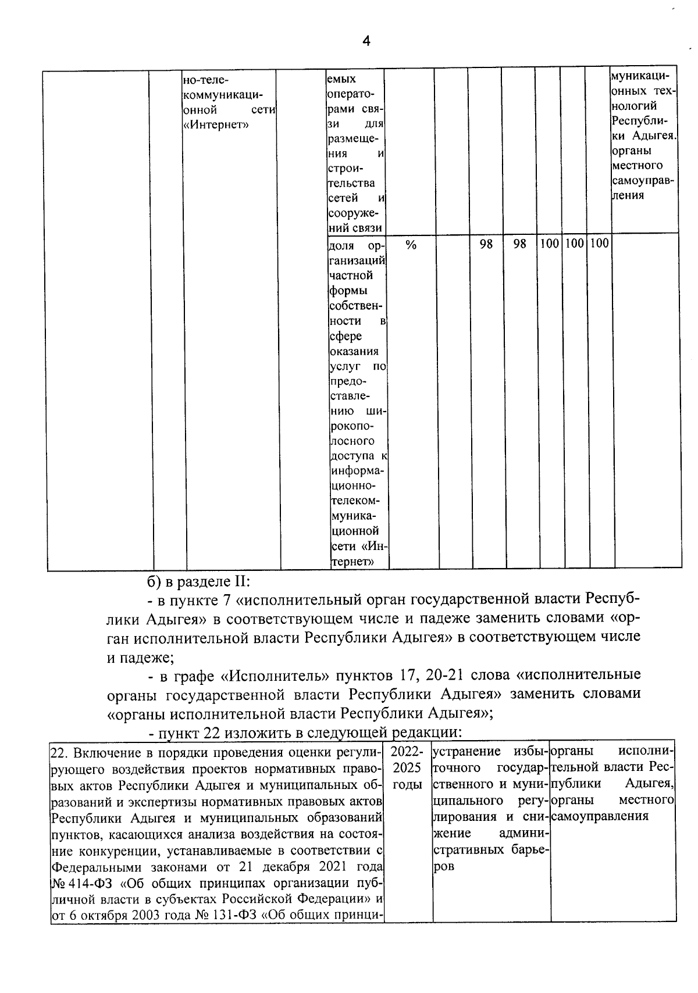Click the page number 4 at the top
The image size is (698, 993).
coord(366,41)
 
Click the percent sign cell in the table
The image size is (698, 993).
coord(411,245)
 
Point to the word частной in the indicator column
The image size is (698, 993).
coord(351,275)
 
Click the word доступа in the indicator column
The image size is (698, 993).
coord(352,455)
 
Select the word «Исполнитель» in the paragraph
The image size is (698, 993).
coord(272,675)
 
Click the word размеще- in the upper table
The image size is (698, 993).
coord(353,139)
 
